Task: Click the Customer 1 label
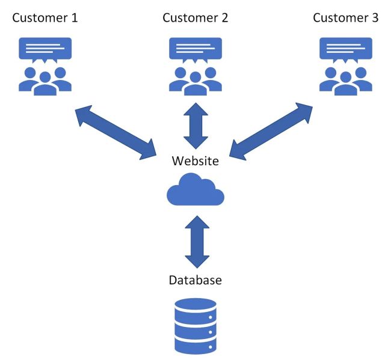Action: pyautogui.click(x=45, y=17)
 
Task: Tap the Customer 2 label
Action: pyautogui.click(x=195, y=17)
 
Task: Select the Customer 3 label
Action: pyautogui.click(x=346, y=17)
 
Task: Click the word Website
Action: pyautogui.click(x=195, y=161)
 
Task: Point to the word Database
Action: pyautogui.click(x=195, y=280)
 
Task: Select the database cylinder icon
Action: pyautogui.click(x=195, y=326)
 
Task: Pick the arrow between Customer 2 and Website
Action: pyautogui.click(x=195, y=125)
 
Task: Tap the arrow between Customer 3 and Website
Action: pyautogui.click(x=271, y=132)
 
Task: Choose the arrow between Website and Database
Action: pyautogui.click(x=195, y=242)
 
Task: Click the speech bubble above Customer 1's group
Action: pyautogui.click(x=45, y=48)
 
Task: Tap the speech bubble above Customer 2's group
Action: pyautogui.click(x=195, y=48)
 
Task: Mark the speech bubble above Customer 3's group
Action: pyautogui.click(x=346, y=48)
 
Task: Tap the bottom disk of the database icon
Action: pyautogui.click(x=195, y=345)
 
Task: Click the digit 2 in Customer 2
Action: pyautogui.click(x=224, y=17)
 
